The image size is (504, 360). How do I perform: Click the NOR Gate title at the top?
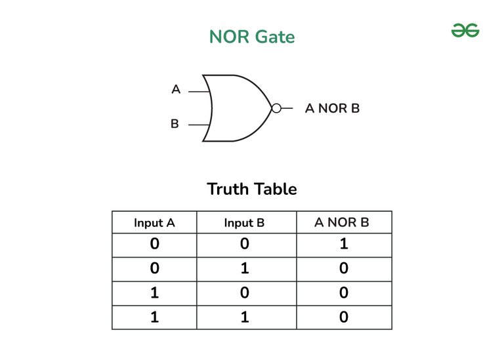click(x=252, y=37)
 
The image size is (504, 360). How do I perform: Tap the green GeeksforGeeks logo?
click(x=465, y=30)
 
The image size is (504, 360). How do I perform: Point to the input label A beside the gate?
click(x=175, y=89)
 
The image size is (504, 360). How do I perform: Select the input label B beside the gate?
click(x=175, y=123)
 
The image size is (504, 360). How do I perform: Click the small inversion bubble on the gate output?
click(x=276, y=108)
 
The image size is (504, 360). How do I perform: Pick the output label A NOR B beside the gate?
click(x=332, y=108)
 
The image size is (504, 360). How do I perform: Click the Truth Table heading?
click(x=252, y=189)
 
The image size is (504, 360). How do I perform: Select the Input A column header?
click(x=154, y=223)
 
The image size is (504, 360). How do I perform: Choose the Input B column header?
click(x=244, y=223)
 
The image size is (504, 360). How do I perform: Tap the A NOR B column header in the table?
click(x=342, y=223)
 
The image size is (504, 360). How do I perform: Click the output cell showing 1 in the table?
click(x=343, y=245)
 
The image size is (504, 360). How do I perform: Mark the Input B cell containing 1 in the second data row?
click(x=244, y=269)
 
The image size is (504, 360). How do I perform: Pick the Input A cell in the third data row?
click(x=154, y=293)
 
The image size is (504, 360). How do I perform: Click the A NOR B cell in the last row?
click(x=343, y=317)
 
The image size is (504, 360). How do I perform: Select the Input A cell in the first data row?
click(x=154, y=245)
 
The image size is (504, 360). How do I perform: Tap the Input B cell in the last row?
click(x=244, y=317)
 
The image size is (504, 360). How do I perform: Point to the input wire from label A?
click(x=199, y=92)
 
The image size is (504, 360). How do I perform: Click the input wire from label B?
click(x=199, y=123)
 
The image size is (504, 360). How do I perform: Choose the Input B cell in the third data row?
click(x=244, y=293)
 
